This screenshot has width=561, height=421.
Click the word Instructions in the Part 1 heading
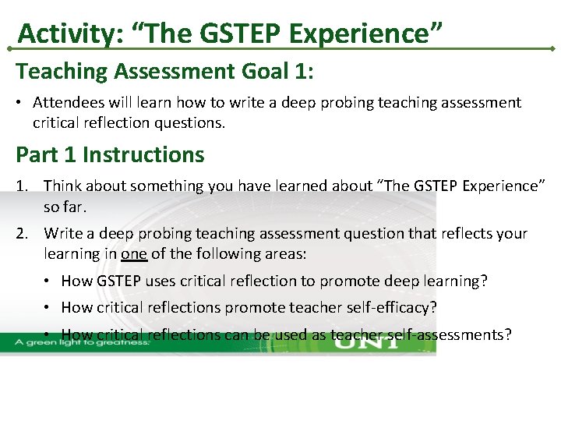pos(143,154)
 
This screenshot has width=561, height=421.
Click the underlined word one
pos(133,254)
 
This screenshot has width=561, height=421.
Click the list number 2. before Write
pos(23,233)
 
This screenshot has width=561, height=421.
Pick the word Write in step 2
pos(62,233)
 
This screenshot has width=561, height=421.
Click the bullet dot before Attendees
pos(22,102)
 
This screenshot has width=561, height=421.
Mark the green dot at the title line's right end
pos(552,49)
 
